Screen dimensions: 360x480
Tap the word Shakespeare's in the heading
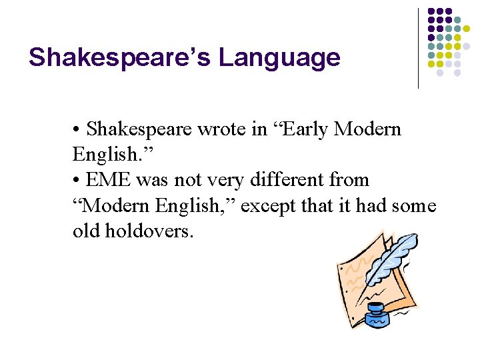pyautogui.click(x=119, y=58)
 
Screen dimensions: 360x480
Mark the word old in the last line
pyautogui.click(x=87, y=231)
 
